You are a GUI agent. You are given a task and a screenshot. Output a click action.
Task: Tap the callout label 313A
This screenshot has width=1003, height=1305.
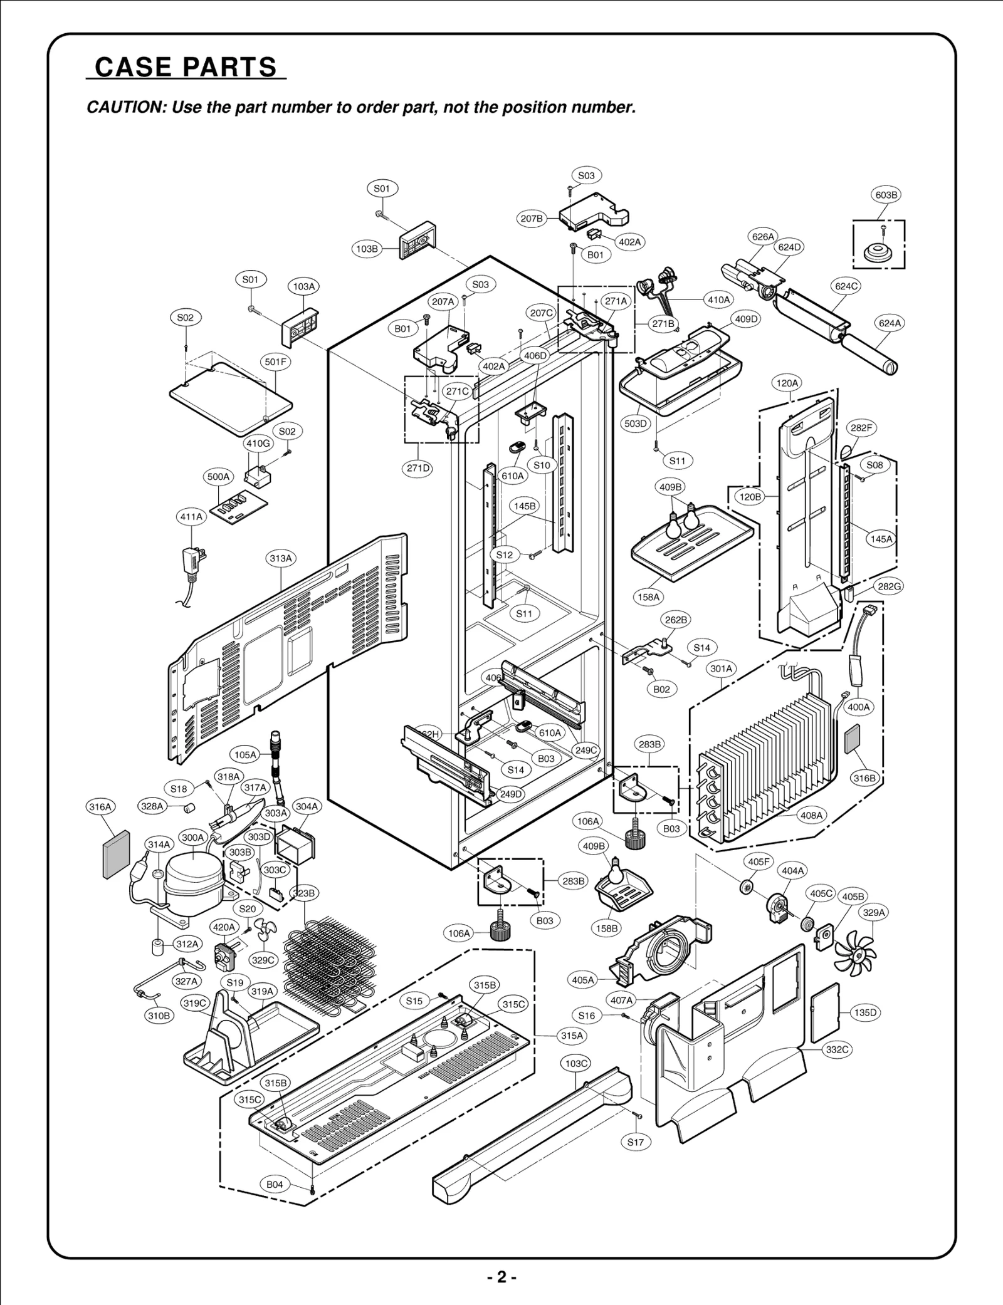tap(281, 558)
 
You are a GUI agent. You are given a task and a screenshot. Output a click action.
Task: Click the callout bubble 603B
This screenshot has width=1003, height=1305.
tap(886, 195)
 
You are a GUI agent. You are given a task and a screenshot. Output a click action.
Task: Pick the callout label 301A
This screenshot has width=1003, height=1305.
tap(721, 668)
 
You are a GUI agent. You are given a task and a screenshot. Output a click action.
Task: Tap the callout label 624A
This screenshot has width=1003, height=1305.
tap(890, 323)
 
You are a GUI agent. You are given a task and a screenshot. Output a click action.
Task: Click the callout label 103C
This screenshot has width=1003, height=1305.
tap(575, 1063)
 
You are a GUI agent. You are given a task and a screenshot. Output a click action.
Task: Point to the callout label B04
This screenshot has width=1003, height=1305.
tap(275, 1185)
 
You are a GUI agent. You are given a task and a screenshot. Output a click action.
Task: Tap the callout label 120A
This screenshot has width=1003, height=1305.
tap(787, 383)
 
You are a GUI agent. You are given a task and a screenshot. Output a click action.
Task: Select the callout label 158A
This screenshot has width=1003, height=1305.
tap(649, 597)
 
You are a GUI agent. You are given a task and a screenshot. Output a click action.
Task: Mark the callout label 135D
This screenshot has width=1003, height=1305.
tap(865, 1013)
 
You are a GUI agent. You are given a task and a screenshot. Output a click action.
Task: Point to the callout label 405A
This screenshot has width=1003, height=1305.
tap(583, 979)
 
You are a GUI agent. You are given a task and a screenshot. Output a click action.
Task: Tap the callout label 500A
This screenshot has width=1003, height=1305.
tap(218, 477)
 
